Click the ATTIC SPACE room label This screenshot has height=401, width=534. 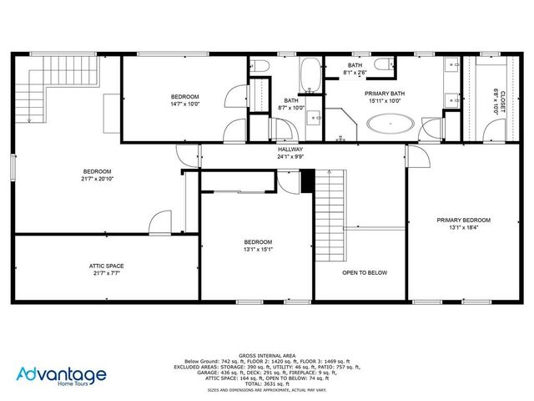(x=106, y=266)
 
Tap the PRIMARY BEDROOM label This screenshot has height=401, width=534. (x=463, y=221)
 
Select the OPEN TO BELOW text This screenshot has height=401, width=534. (x=364, y=272)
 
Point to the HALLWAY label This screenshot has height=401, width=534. (x=290, y=149)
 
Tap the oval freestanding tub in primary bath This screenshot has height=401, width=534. (x=390, y=126)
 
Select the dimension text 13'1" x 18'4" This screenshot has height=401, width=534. (x=463, y=227)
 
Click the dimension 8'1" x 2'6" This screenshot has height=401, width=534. (x=355, y=73)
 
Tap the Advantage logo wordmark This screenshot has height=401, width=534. (x=63, y=375)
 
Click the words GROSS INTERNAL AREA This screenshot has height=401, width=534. (x=266, y=355)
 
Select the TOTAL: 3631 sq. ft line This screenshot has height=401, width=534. (x=266, y=383)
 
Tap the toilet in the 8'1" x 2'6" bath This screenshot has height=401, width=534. (x=383, y=65)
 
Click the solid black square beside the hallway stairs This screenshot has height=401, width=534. (x=307, y=178)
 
